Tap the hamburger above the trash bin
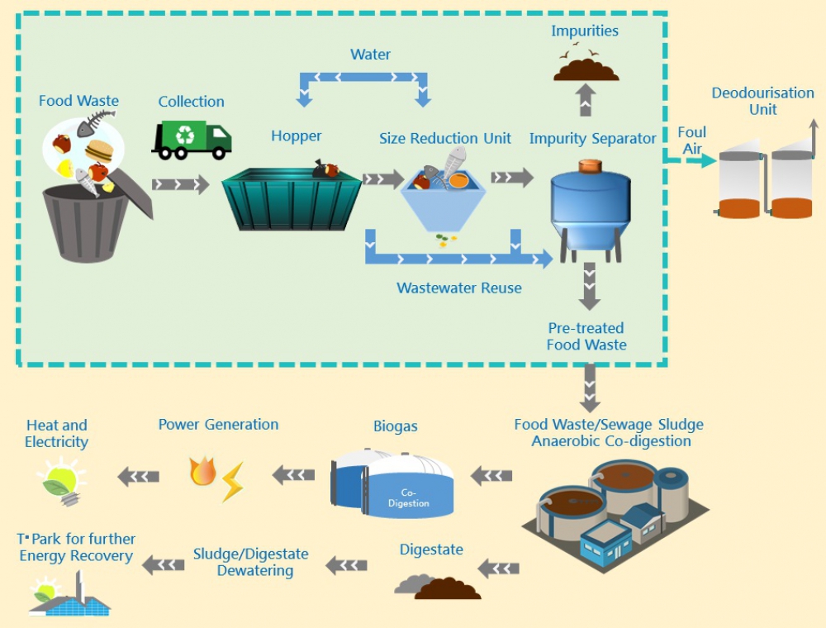coord(98,150)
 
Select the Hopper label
coord(296,136)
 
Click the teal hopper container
coord(292,198)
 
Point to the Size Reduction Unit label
coord(445,138)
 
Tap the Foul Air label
coord(691,140)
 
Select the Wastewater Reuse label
coord(459,288)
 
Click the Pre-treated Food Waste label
coord(586,336)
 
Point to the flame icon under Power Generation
coord(202,472)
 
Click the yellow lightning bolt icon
coord(232,482)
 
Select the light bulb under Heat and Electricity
coord(61,481)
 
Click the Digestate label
coord(431,549)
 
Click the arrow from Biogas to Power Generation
coord(293,474)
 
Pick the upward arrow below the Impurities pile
coord(586,99)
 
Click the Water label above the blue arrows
coord(370,55)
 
